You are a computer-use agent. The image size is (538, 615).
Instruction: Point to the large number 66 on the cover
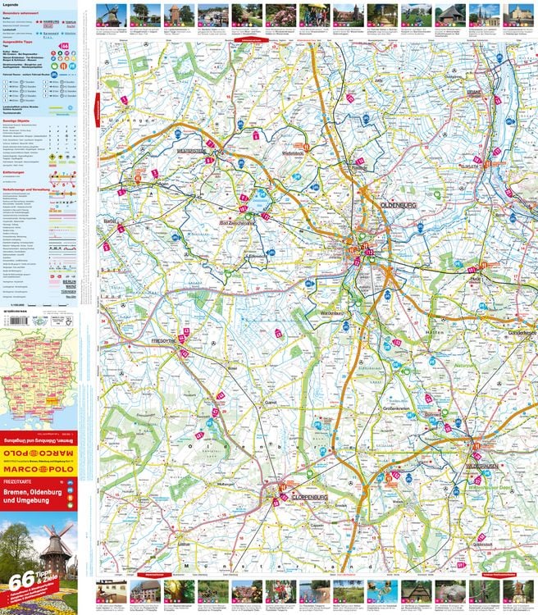click(16, 583)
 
